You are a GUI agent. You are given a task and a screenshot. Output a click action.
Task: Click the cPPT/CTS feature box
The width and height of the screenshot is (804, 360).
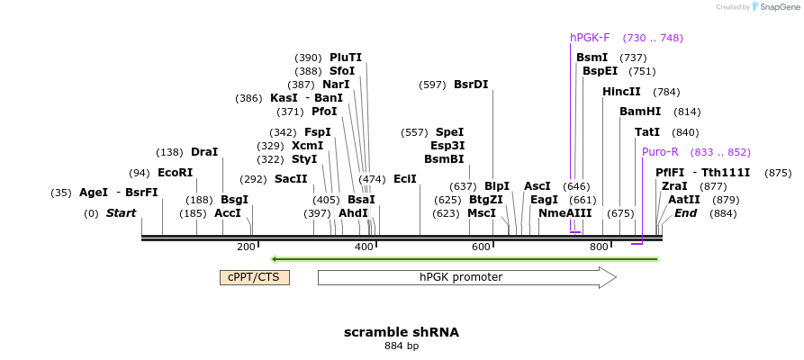click(255, 277)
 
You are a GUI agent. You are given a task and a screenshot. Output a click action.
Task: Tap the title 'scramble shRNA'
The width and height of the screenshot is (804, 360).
click(402, 332)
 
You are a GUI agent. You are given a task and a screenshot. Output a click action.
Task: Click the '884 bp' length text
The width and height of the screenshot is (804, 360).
click(402, 346)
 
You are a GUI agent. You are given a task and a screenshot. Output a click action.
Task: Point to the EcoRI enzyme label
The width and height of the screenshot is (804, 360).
click(175, 173)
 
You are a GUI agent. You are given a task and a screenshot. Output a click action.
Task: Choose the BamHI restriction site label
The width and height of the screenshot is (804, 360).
click(640, 112)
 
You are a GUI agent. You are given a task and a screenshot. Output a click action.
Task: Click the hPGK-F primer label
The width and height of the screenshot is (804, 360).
click(590, 38)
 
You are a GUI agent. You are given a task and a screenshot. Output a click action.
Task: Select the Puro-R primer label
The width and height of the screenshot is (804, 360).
click(660, 152)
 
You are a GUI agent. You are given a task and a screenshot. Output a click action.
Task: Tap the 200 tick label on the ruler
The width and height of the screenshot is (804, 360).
click(246, 247)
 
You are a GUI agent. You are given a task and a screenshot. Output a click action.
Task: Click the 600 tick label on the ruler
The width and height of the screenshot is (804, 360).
click(481, 247)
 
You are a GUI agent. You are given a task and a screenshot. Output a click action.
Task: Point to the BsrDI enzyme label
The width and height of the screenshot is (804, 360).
click(471, 85)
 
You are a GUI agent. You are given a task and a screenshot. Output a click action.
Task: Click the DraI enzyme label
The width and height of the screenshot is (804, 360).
click(204, 152)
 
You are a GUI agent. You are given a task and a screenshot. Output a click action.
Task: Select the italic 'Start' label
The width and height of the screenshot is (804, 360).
click(121, 213)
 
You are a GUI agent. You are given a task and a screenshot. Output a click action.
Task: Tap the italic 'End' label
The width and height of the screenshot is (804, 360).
click(685, 213)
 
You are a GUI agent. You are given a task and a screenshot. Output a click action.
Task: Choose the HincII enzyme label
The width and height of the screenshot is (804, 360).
click(621, 92)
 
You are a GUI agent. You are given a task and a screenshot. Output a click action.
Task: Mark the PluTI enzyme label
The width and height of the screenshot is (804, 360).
click(346, 58)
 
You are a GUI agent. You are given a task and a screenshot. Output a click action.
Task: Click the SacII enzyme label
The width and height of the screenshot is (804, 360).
click(291, 179)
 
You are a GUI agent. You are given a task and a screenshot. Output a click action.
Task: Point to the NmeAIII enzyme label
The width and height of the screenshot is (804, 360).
click(565, 213)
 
